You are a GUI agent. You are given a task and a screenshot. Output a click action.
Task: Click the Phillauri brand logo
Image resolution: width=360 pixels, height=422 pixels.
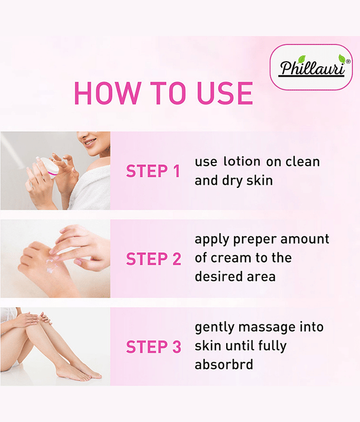point(312,68)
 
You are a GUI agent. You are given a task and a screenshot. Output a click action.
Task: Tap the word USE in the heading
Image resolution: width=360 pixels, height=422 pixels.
point(225,93)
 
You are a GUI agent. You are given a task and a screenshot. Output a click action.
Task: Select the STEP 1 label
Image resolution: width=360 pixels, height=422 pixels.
point(153,171)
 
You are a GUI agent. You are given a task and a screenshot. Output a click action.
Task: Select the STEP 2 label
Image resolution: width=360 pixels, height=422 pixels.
point(153,258)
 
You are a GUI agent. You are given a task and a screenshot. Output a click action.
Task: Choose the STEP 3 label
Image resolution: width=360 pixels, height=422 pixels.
point(153,347)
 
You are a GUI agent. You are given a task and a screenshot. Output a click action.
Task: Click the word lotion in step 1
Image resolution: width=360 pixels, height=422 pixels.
point(242,161)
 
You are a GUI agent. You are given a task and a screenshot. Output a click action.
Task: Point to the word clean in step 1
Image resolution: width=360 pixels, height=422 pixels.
point(303,161)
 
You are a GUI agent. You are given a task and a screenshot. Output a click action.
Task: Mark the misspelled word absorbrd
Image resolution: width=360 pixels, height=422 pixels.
point(223,365)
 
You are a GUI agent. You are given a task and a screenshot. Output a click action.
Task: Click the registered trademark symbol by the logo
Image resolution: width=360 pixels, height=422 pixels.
point(348,61)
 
